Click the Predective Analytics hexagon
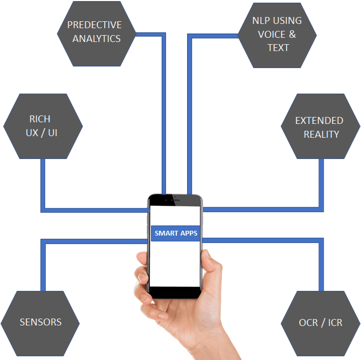click(x=96, y=34)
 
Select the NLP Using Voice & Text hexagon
click(x=277, y=35)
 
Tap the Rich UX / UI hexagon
click(x=43, y=126)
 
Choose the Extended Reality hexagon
click(x=321, y=126)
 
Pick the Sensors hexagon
click(x=40, y=323)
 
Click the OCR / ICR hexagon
click(x=321, y=323)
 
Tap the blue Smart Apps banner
click(x=175, y=233)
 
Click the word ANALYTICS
click(x=96, y=39)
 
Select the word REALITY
click(x=322, y=135)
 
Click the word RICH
click(x=40, y=119)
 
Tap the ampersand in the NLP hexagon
click(x=292, y=35)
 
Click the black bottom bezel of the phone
click(x=175, y=292)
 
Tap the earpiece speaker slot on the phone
click(x=175, y=200)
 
